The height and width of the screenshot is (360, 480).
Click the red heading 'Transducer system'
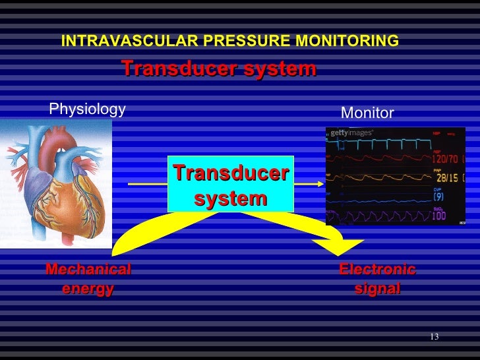click(218, 69)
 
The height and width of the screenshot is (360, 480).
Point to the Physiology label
click(88, 109)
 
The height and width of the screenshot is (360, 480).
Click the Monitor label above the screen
click(367, 113)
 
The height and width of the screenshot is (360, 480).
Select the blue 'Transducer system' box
click(231, 185)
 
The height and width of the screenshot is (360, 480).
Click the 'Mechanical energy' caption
click(88, 279)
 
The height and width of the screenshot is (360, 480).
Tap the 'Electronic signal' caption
click(377, 279)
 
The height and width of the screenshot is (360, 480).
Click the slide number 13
click(434, 338)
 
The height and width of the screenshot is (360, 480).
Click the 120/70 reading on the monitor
click(446, 160)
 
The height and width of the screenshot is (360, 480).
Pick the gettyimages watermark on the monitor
click(351, 133)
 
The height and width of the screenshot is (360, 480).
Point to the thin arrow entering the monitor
click(310, 184)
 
